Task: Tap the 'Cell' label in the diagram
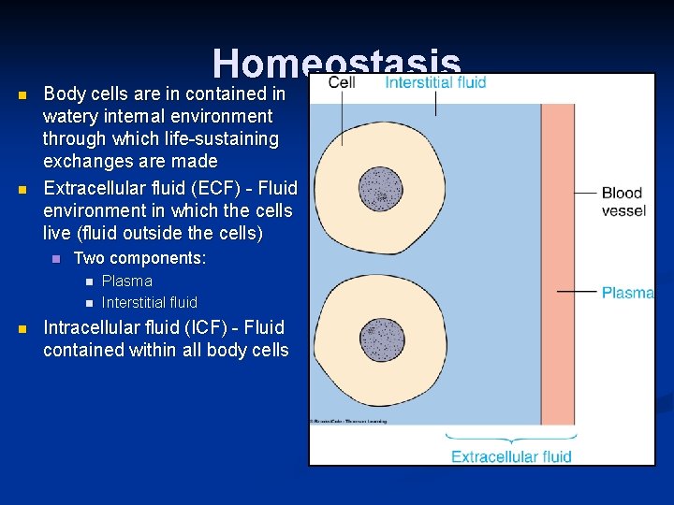click(343, 82)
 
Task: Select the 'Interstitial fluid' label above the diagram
click(435, 82)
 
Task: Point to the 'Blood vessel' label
click(623, 202)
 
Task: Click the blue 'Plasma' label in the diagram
click(627, 293)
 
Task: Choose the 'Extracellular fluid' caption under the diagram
click(511, 456)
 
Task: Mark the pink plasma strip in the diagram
click(558, 262)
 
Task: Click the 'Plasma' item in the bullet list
click(126, 281)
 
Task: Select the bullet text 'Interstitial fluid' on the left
click(149, 302)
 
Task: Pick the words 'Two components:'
click(139, 257)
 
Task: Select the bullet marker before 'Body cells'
click(23, 94)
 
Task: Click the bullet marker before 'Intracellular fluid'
click(23, 328)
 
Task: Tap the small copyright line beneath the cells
click(346, 422)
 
